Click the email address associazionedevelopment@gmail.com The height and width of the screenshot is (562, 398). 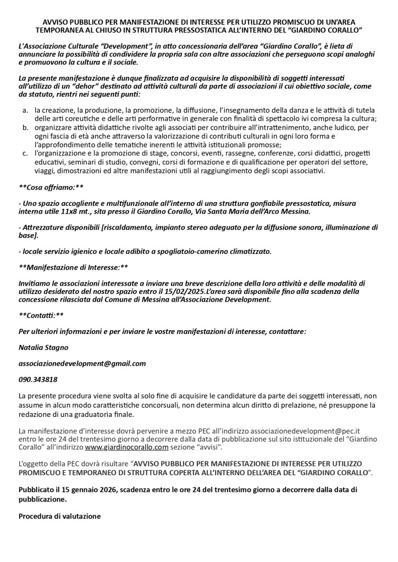click(x=82, y=363)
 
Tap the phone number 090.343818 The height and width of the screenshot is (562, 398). click(x=38, y=379)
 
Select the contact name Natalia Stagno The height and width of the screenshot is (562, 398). click(x=44, y=348)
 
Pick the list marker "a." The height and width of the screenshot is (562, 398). click(x=25, y=111)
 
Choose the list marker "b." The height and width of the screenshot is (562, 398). click(x=25, y=127)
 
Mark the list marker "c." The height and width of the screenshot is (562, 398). click(x=25, y=152)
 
